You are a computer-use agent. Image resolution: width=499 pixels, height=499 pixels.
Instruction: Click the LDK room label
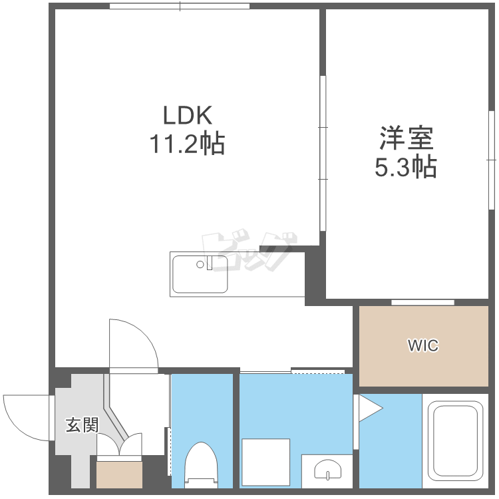[188, 115]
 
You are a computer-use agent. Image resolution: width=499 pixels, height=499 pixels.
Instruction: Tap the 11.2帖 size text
[187, 143]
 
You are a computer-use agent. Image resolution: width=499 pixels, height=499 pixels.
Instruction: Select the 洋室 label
[407, 138]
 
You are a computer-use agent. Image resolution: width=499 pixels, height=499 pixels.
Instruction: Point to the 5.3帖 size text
[406, 166]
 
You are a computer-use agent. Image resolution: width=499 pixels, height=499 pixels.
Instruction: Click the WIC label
[423, 345]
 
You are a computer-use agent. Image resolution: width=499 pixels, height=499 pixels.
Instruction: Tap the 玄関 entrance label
[82, 425]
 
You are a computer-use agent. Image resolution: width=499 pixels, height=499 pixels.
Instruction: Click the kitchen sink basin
[200, 274]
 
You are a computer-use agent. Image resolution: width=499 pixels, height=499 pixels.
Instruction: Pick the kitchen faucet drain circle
[200, 264]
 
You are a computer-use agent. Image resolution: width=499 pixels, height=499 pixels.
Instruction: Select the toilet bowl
[201, 465]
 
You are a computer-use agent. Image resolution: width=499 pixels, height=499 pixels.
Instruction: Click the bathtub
[455, 440]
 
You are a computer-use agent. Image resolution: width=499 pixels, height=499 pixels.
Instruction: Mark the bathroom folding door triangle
[371, 409]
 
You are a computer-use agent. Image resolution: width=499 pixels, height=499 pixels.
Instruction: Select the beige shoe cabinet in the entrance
[119, 474]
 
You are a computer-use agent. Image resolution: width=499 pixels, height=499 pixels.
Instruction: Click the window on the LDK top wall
[180, 6]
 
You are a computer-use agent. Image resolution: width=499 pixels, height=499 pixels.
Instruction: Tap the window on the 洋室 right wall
[492, 160]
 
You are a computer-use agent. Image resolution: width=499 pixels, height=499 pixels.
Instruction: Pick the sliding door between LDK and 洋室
[323, 153]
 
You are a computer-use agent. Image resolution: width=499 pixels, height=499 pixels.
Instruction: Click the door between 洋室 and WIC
[422, 302]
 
